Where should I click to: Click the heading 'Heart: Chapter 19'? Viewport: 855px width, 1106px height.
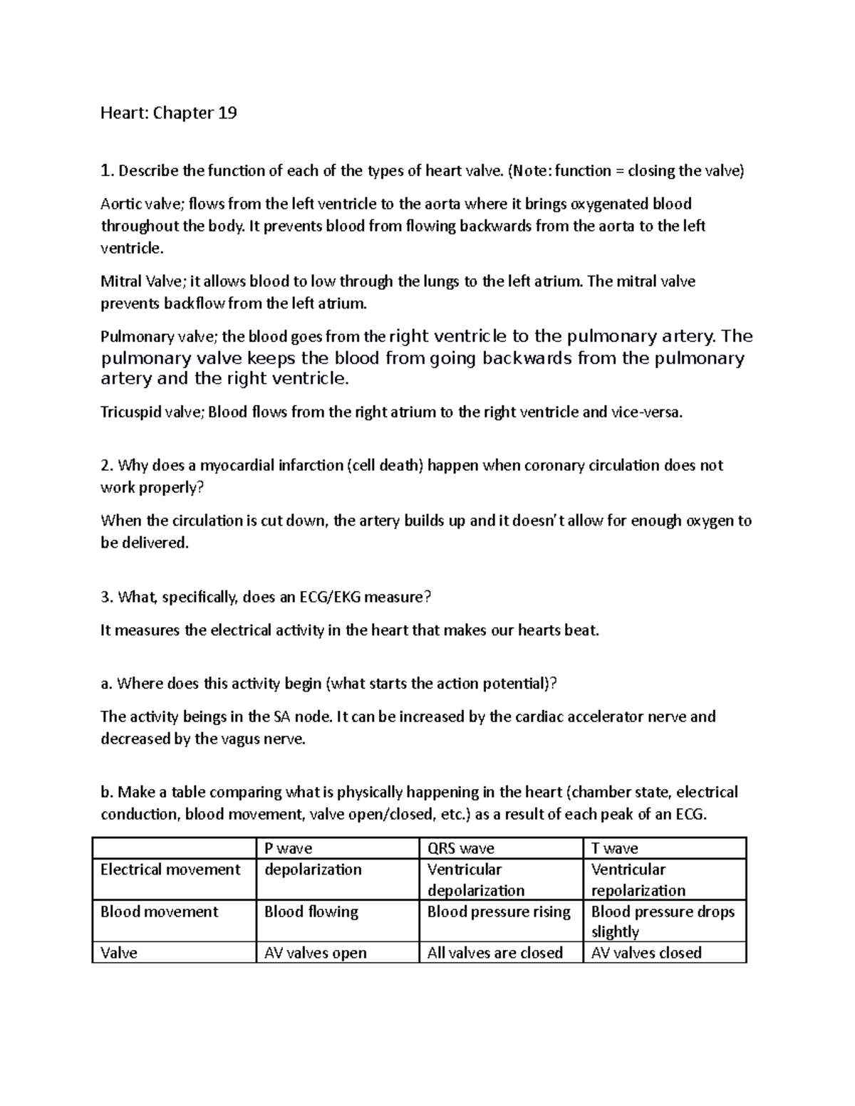click(168, 113)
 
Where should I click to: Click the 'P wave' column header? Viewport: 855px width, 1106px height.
click(288, 848)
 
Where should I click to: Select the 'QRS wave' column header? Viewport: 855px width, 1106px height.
click(460, 848)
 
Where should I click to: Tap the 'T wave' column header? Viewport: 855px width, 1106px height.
click(614, 848)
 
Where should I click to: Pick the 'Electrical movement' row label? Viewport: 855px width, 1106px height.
click(170, 870)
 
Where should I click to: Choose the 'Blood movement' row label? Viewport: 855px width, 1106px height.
click(159, 912)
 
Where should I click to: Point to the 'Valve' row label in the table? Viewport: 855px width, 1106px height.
click(119, 953)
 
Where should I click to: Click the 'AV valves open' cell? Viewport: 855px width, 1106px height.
click(315, 953)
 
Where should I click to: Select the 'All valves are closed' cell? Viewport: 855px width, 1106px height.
click(494, 953)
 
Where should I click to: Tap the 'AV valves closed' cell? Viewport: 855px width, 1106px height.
click(646, 953)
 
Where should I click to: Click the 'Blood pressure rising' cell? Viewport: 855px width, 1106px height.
click(499, 912)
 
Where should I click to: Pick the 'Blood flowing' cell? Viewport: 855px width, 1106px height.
click(311, 912)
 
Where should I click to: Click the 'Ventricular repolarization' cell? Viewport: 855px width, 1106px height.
click(638, 880)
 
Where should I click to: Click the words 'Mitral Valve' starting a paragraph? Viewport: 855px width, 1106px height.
click(140, 281)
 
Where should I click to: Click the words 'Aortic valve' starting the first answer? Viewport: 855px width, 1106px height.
click(142, 204)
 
